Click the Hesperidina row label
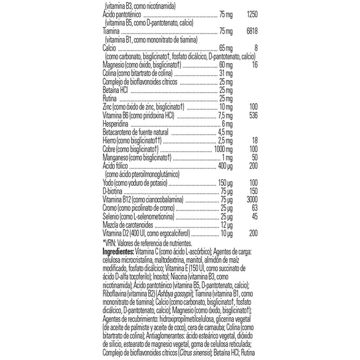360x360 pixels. (x=116, y=123)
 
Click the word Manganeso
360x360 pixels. (x=115, y=157)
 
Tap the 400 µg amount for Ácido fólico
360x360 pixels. (x=224, y=166)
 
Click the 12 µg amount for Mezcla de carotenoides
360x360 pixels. (x=226, y=225)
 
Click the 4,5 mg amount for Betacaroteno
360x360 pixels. (x=225, y=132)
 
